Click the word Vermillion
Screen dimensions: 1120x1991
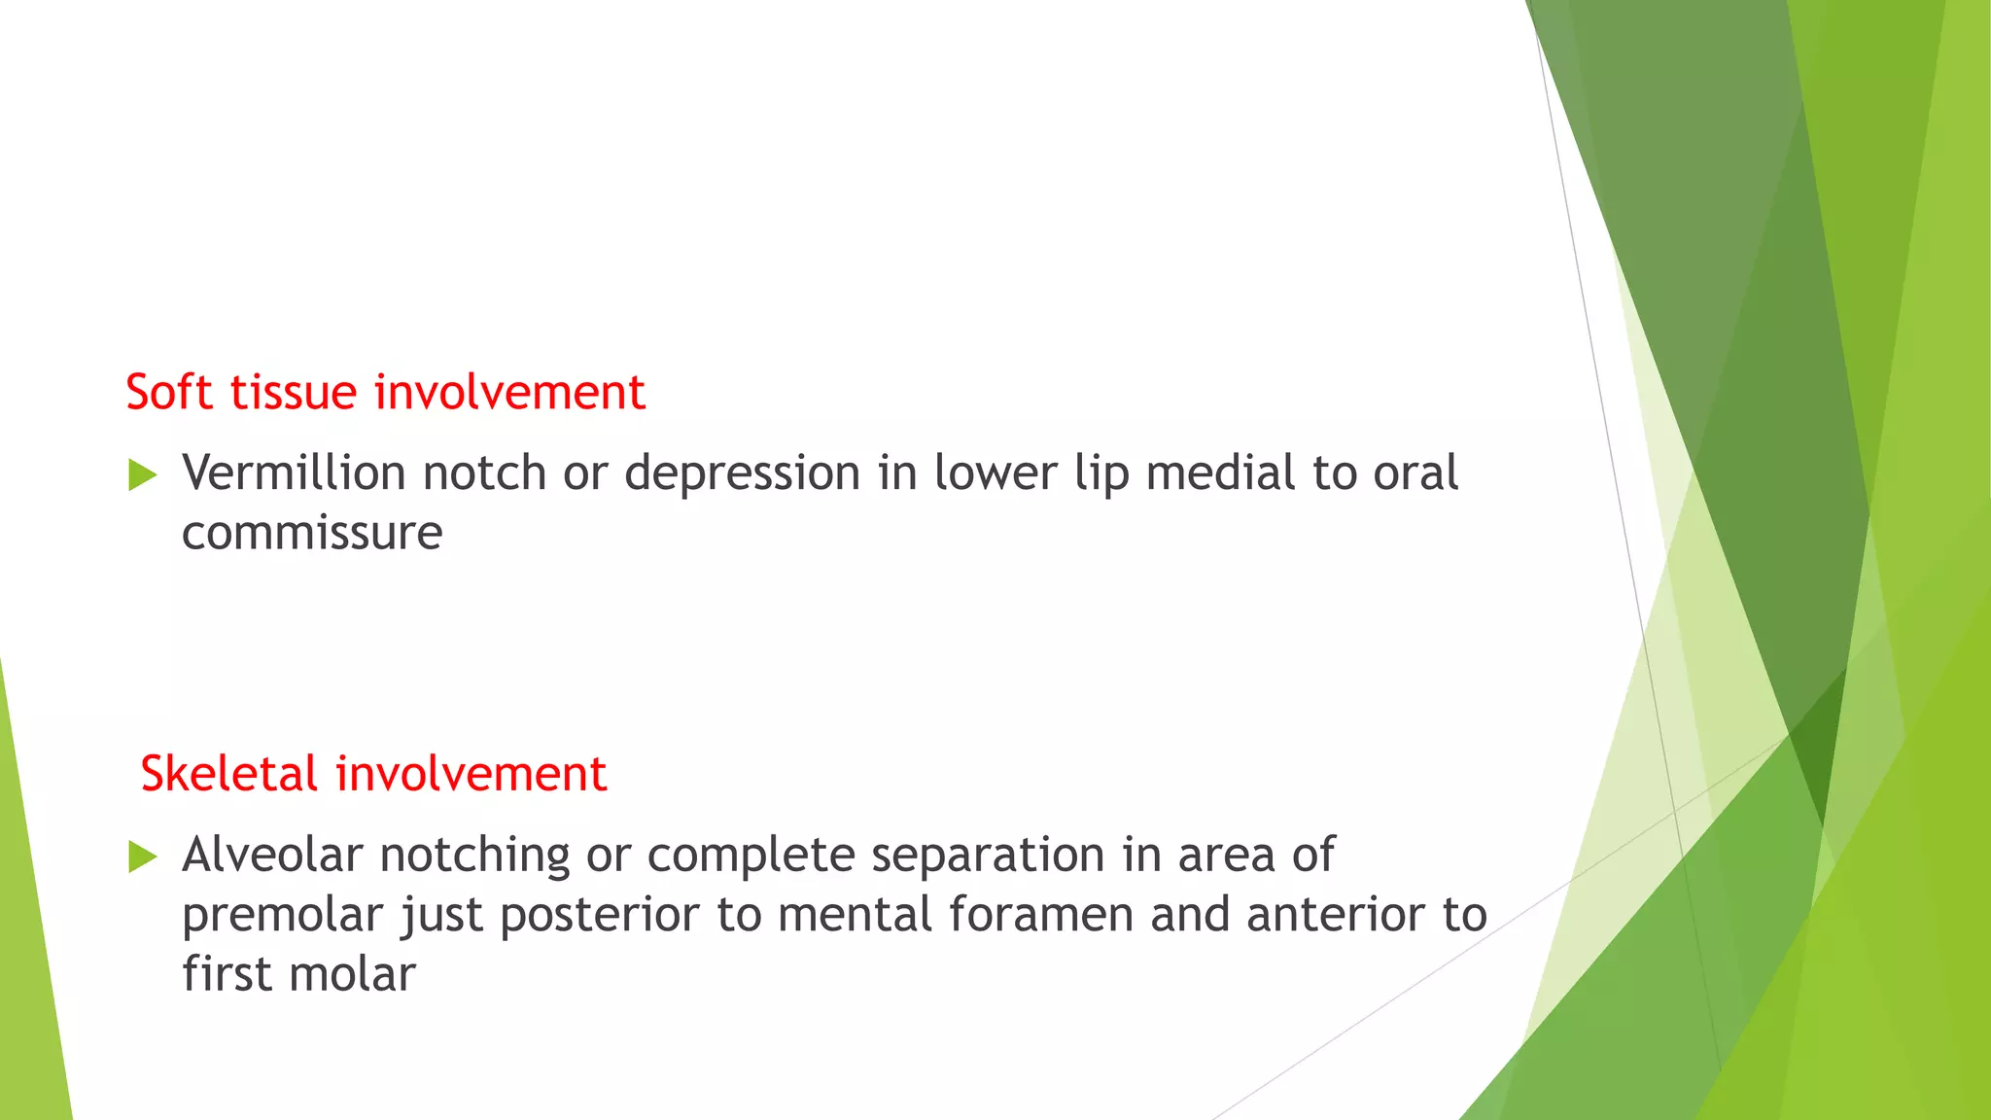tap(294, 473)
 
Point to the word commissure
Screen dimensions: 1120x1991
tap(312, 534)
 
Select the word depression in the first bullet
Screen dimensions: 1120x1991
tap(743, 475)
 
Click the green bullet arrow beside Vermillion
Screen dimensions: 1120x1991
tap(143, 475)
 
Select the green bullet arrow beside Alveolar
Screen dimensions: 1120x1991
tap(143, 857)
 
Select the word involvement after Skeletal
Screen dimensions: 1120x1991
tap(472, 775)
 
